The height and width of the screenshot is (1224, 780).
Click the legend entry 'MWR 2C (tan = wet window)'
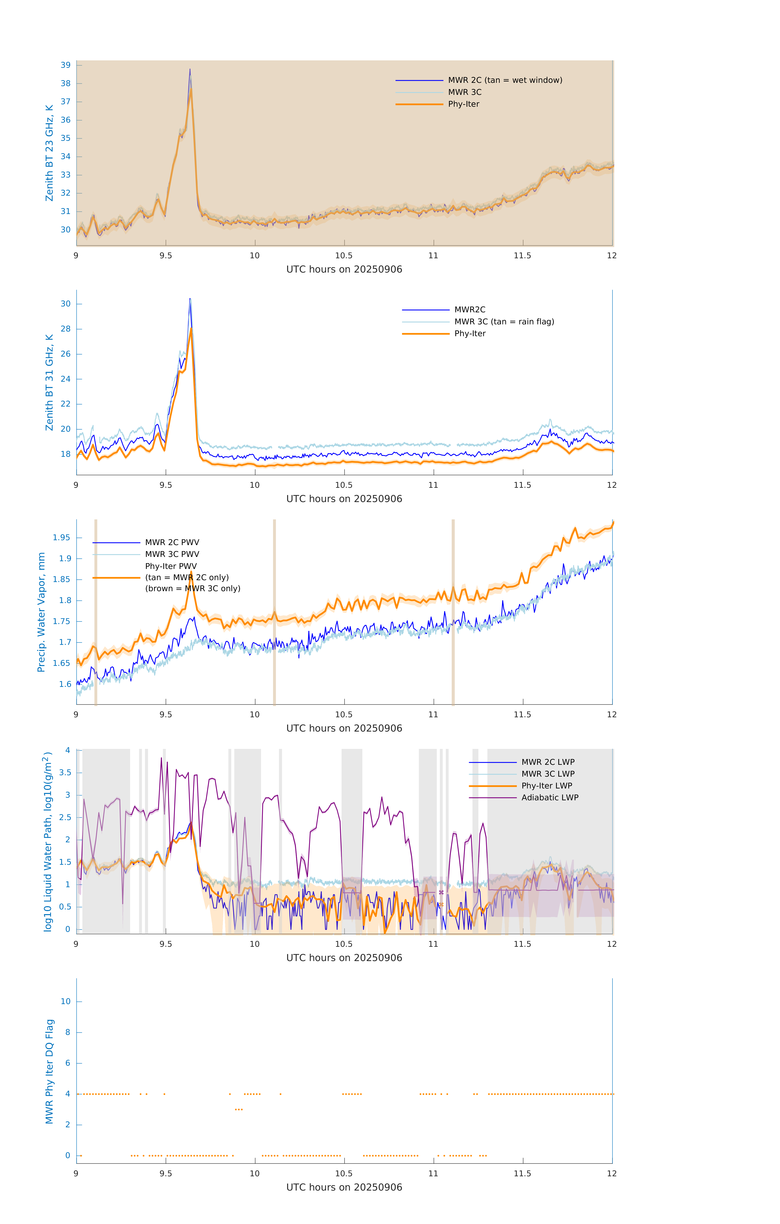pyautogui.click(x=505, y=80)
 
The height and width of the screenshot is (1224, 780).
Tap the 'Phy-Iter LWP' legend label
pyautogui.click(x=546, y=786)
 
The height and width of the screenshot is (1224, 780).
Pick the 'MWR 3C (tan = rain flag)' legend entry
pyautogui.click(x=503, y=322)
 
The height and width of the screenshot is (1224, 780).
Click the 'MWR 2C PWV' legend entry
pyautogui.click(x=172, y=542)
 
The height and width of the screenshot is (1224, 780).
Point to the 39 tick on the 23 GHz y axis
pyautogui.click(x=65, y=65)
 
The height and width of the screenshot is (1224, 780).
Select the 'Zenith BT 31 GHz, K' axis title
pyautogui.click(x=49, y=382)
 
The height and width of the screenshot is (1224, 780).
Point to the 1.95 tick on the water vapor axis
pyautogui.click(x=62, y=538)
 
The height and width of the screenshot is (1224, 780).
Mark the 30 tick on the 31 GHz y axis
pyautogui.click(x=65, y=304)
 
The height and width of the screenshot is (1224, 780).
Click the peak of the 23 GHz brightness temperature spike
pyautogui.click(x=190, y=70)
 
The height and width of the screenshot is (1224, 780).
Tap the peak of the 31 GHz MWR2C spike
pyautogui.click(x=190, y=299)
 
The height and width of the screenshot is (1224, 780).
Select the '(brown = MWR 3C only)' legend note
pyautogui.click(x=193, y=589)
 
